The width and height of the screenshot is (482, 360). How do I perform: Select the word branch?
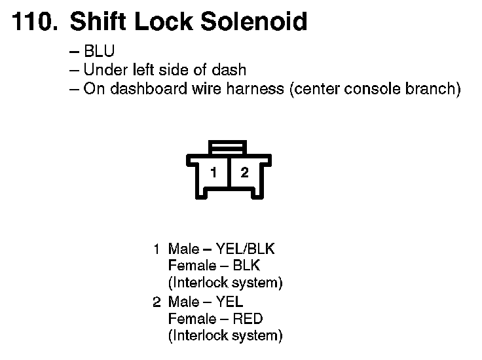click(x=434, y=88)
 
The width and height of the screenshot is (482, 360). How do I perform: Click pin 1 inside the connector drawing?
click(x=213, y=173)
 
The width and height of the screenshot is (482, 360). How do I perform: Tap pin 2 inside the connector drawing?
click(x=244, y=173)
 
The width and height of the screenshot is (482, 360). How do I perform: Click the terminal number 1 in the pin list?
click(x=157, y=249)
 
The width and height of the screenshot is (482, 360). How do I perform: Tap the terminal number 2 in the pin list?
click(x=157, y=302)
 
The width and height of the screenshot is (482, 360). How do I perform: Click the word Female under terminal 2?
click(x=192, y=319)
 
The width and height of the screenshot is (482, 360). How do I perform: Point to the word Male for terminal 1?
click(x=183, y=249)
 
